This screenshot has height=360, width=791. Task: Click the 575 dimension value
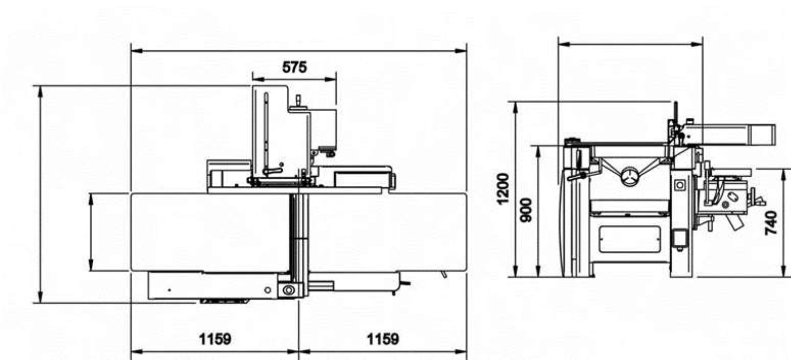(294, 67)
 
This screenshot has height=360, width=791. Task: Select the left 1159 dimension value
(215, 339)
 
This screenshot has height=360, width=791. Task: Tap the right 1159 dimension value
(383, 339)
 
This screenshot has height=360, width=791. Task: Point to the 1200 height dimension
(503, 188)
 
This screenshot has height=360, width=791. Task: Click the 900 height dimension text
(526, 210)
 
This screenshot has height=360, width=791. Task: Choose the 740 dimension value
(771, 223)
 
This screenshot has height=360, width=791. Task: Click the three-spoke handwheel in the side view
(630, 176)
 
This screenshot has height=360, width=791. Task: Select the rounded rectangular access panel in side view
(630, 240)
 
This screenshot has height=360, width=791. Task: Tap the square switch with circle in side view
(679, 185)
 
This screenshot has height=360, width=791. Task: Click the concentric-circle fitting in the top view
(289, 290)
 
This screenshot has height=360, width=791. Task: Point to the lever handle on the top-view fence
(272, 172)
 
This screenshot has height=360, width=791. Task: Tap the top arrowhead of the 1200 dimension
(515, 108)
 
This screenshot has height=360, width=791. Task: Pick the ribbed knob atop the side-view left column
(572, 141)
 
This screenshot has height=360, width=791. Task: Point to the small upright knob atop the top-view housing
(298, 100)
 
